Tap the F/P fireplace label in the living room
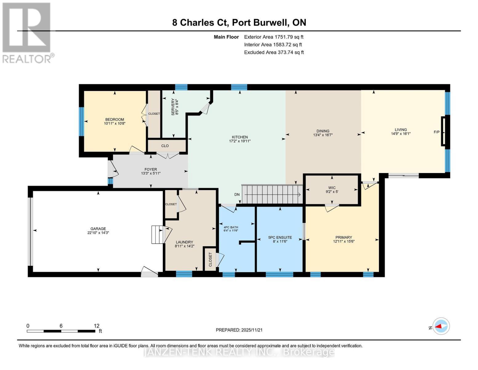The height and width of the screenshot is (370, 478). pyautogui.click(x=436, y=132)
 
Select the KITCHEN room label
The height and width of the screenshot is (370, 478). pyautogui.click(x=240, y=137)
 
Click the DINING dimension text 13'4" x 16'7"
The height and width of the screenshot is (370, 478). pyautogui.click(x=323, y=135)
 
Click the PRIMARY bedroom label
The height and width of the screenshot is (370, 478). pyautogui.click(x=343, y=237)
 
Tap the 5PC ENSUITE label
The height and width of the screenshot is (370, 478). pyautogui.click(x=280, y=237)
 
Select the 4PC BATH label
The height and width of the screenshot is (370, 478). pyautogui.click(x=231, y=228)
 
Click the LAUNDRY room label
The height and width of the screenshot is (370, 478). pyautogui.click(x=184, y=242)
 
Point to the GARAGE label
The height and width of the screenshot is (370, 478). pyautogui.click(x=98, y=229)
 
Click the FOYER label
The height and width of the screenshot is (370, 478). pyautogui.click(x=151, y=169)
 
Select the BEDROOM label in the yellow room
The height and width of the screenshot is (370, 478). pyautogui.click(x=114, y=120)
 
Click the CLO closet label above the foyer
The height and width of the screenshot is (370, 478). pyautogui.click(x=165, y=146)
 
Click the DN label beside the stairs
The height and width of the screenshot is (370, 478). pyautogui.click(x=237, y=195)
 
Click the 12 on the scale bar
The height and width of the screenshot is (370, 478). pyautogui.click(x=97, y=326)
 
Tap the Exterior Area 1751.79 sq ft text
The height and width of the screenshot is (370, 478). pyautogui.click(x=274, y=37)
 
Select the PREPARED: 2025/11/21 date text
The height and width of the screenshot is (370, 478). pyautogui.click(x=239, y=330)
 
